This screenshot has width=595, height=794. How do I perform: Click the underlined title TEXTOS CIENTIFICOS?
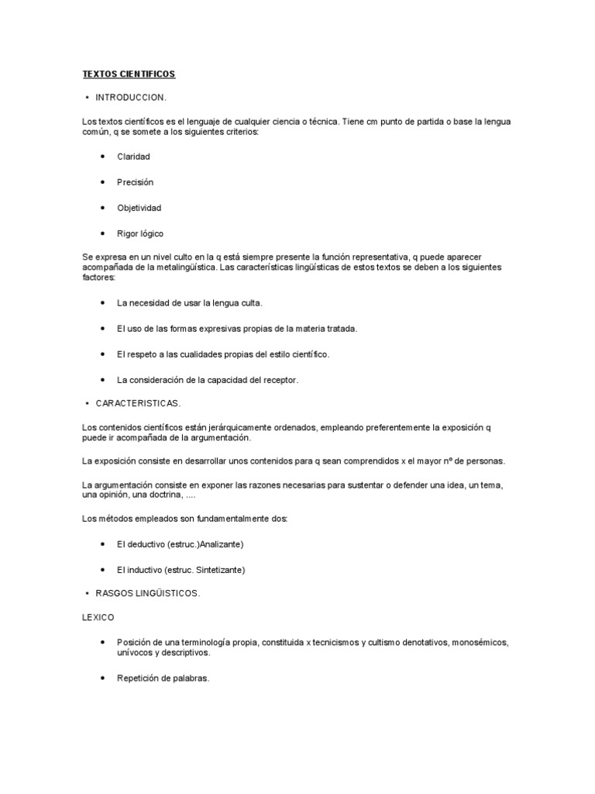(x=129, y=74)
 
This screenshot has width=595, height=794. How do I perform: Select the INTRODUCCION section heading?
(x=131, y=98)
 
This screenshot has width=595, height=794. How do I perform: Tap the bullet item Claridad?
(x=133, y=157)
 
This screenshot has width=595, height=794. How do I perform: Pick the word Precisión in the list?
(x=136, y=182)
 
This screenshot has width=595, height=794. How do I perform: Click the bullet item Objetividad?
(x=139, y=208)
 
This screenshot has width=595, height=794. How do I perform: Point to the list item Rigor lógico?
(x=140, y=233)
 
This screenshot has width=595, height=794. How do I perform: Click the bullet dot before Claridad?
(x=103, y=157)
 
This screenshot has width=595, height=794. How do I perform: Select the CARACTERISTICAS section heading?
(x=138, y=404)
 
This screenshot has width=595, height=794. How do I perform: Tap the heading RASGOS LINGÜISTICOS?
(x=147, y=593)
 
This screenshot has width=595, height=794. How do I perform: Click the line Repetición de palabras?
(x=163, y=678)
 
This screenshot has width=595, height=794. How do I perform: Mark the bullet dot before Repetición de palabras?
(x=103, y=678)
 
